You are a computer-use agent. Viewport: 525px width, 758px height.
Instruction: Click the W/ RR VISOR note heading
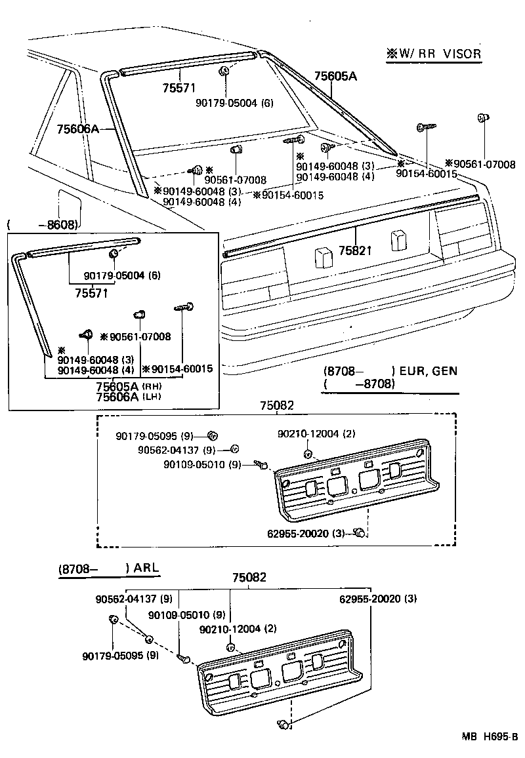433,54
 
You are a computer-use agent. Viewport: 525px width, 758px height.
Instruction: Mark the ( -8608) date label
43,225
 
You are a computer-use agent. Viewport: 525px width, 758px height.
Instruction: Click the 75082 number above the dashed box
276,407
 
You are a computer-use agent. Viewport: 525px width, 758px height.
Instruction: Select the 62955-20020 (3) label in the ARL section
378,598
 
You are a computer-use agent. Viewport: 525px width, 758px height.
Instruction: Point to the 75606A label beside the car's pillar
77,129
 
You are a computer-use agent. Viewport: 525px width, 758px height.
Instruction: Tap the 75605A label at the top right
335,77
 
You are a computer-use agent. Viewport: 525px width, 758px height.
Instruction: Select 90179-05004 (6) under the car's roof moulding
234,103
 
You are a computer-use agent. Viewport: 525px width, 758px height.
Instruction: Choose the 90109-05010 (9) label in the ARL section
187,615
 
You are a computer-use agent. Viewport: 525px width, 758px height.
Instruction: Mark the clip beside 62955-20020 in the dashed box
359,532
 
